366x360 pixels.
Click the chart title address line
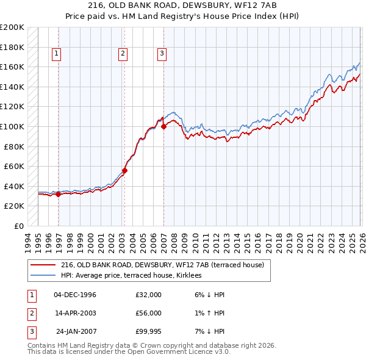(x=183, y=5)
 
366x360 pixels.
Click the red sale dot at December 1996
(x=59, y=195)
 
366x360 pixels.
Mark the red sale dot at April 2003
(x=124, y=171)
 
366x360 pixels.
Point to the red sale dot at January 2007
(x=163, y=127)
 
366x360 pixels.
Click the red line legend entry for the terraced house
(x=162, y=265)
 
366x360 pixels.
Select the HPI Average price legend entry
(x=135, y=276)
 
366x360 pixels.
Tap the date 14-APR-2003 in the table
(x=74, y=313)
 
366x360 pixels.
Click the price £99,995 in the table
(x=148, y=331)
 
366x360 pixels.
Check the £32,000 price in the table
(x=148, y=295)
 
